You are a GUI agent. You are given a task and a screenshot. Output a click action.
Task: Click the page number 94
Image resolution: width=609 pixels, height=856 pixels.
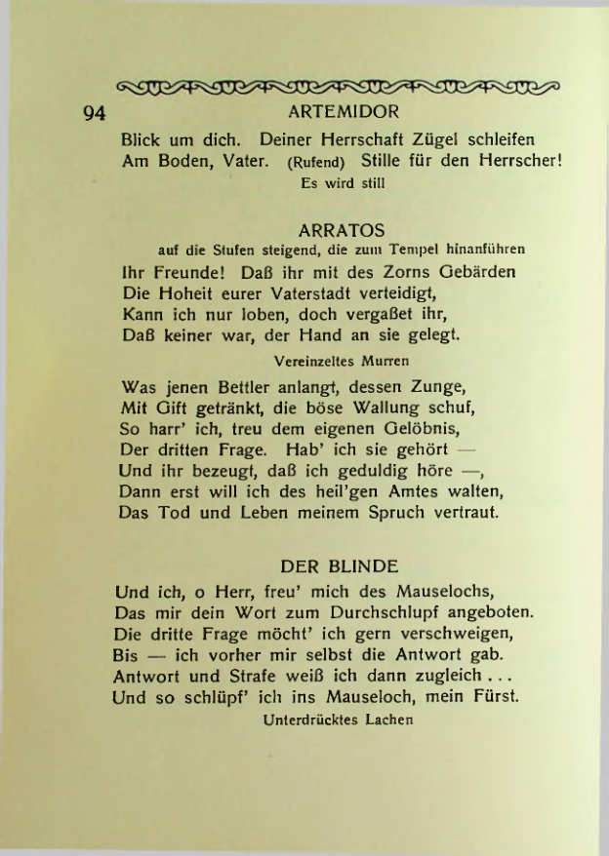coord(94,113)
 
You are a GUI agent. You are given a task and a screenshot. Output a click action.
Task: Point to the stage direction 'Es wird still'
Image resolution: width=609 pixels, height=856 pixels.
coord(338,180)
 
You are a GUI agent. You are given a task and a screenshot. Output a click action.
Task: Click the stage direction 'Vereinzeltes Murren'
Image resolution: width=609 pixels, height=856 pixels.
coord(327,360)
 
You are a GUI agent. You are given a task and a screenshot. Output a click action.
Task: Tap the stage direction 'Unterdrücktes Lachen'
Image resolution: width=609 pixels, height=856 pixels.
coord(338,720)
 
